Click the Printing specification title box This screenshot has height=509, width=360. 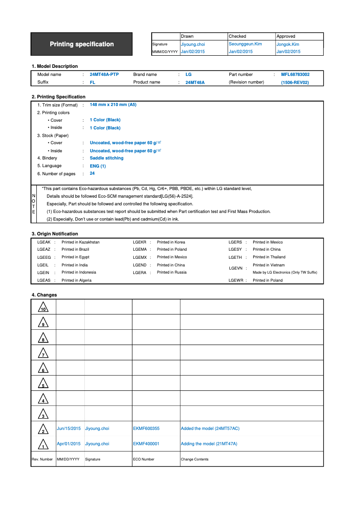coord(82,44)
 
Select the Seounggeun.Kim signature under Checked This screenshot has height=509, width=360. coord(245,44)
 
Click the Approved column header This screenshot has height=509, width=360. coord(286,36)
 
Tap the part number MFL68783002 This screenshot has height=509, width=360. coord(295,75)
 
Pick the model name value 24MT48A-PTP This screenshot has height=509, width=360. coord(104,75)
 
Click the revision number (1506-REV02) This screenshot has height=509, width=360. coord(295,83)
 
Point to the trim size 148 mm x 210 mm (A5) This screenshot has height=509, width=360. coord(113,105)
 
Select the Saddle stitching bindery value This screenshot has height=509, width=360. coord(106,158)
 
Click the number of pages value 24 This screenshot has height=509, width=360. coord(92,173)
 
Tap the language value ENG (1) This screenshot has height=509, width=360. coord(97,166)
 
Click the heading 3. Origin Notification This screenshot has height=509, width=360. coord(55,234)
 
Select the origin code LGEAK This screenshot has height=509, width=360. coord(44,242)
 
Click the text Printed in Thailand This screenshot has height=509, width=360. coord(269,257)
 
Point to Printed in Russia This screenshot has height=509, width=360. coord(171,273)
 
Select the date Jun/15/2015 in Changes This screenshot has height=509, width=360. coord(69,429)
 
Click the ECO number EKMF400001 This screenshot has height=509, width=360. coord(146,444)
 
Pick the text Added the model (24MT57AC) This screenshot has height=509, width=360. coord(210,429)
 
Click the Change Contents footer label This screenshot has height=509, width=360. coord(194,459)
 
